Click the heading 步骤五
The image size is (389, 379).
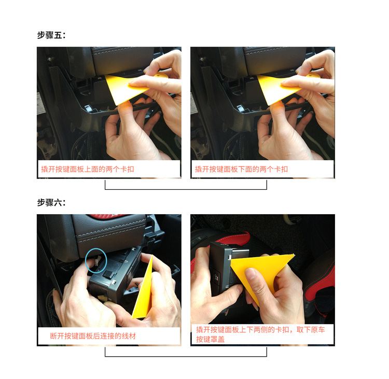point(51,35)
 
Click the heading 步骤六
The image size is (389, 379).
point(51,202)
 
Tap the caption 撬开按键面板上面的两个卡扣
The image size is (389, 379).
point(88,169)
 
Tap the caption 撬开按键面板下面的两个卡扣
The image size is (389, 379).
point(241,169)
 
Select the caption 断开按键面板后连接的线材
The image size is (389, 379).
point(93,336)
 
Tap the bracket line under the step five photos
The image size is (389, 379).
point(186,189)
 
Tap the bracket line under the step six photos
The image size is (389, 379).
point(186,356)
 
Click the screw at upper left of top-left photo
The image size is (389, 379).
point(50,59)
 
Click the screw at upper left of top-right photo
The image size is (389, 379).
point(203,59)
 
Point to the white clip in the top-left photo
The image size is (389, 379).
point(89,108)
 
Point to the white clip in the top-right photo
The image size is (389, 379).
point(241,108)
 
